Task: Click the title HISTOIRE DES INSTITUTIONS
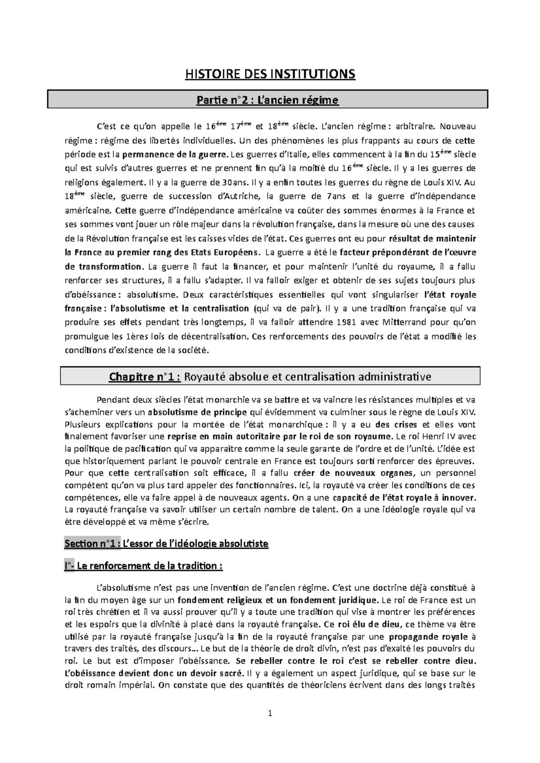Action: pos(270,74)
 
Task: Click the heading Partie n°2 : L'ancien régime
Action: pos(267,100)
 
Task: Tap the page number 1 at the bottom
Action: pos(270,713)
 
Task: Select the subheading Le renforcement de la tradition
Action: pos(149,566)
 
